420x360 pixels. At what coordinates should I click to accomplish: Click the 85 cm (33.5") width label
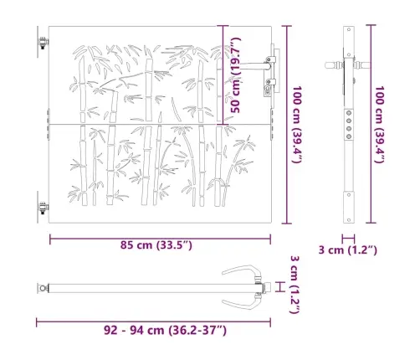[156, 245]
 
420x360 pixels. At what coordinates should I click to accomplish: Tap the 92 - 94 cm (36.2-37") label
[165, 331]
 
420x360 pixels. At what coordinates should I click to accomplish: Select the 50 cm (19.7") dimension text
[236, 75]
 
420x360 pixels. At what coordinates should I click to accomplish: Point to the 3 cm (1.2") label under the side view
[348, 250]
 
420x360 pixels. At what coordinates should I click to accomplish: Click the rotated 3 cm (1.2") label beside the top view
[295, 285]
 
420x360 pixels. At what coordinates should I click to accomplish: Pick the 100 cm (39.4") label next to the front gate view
[297, 125]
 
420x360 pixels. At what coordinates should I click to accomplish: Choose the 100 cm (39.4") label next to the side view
[380, 125]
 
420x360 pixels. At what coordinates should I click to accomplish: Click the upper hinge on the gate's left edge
[43, 43]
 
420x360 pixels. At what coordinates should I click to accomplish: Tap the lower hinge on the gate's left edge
[43, 208]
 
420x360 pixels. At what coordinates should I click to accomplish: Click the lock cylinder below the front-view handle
[267, 90]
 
